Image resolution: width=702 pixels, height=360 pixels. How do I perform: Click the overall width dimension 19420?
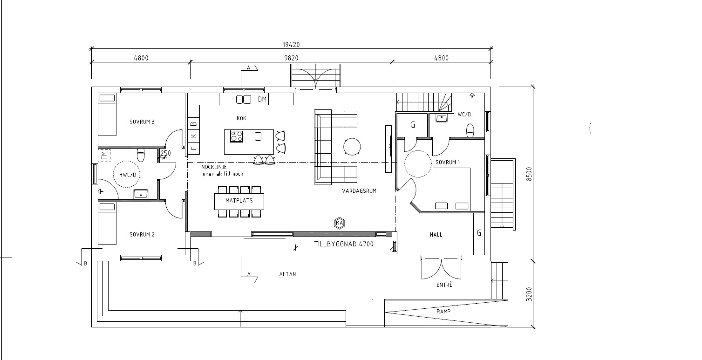click(291, 45)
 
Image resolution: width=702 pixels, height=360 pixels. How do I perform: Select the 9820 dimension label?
click(291, 58)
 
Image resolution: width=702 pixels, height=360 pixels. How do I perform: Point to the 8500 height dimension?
click(529, 174)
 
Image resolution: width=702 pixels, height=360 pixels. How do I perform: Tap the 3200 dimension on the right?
click(529, 294)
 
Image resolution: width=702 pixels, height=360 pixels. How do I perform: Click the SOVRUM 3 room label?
click(142, 122)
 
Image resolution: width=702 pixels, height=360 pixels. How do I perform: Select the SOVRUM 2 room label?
click(142, 234)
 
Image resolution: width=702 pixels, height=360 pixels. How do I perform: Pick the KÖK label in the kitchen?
click(241, 118)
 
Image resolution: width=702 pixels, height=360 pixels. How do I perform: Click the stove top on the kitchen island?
click(236, 136)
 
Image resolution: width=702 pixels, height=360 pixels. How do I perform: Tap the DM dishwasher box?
click(262, 99)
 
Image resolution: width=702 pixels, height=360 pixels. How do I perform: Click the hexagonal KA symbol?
click(340, 223)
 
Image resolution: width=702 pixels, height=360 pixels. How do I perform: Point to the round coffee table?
click(352, 147)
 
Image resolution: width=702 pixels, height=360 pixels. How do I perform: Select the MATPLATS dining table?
click(239, 202)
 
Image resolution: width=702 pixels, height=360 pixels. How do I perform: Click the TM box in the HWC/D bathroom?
click(104, 156)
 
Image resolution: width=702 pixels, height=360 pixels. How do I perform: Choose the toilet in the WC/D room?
click(470, 130)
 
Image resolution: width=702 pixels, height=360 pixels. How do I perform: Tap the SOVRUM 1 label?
click(448, 162)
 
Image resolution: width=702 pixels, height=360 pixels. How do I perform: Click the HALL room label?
click(436, 234)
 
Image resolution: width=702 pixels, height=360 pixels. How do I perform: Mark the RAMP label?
click(443, 312)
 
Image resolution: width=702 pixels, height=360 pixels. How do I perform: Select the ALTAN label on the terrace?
click(287, 274)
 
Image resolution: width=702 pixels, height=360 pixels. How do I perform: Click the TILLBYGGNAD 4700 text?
click(344, 244)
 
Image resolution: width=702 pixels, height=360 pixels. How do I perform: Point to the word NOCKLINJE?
click(214, 167)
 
